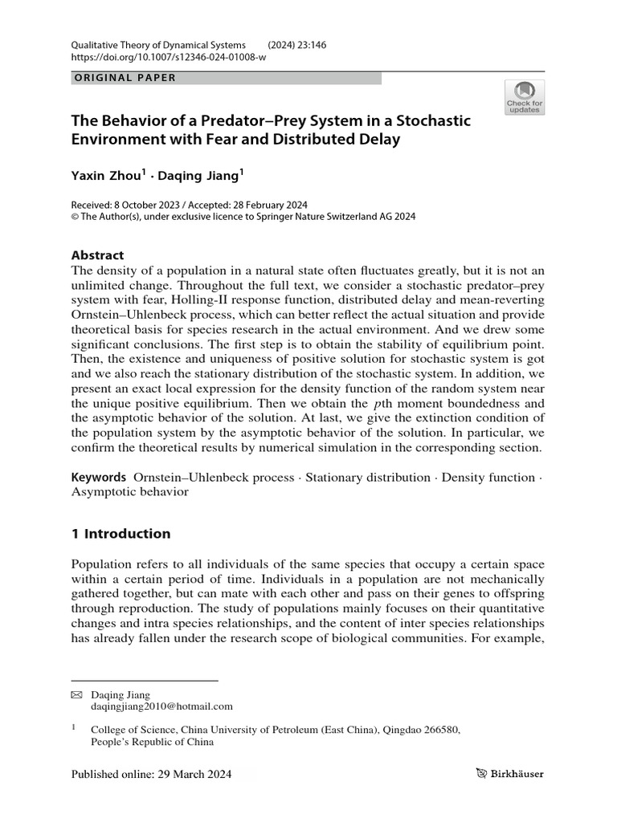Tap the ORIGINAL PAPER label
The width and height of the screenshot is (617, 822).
click(124, 78)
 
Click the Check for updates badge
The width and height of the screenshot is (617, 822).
click(524, 98)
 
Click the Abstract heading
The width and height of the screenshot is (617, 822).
click(98, 255)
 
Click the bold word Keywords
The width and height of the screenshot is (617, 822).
click(99, 477)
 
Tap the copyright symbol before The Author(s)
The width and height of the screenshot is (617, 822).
click(76, 217)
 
